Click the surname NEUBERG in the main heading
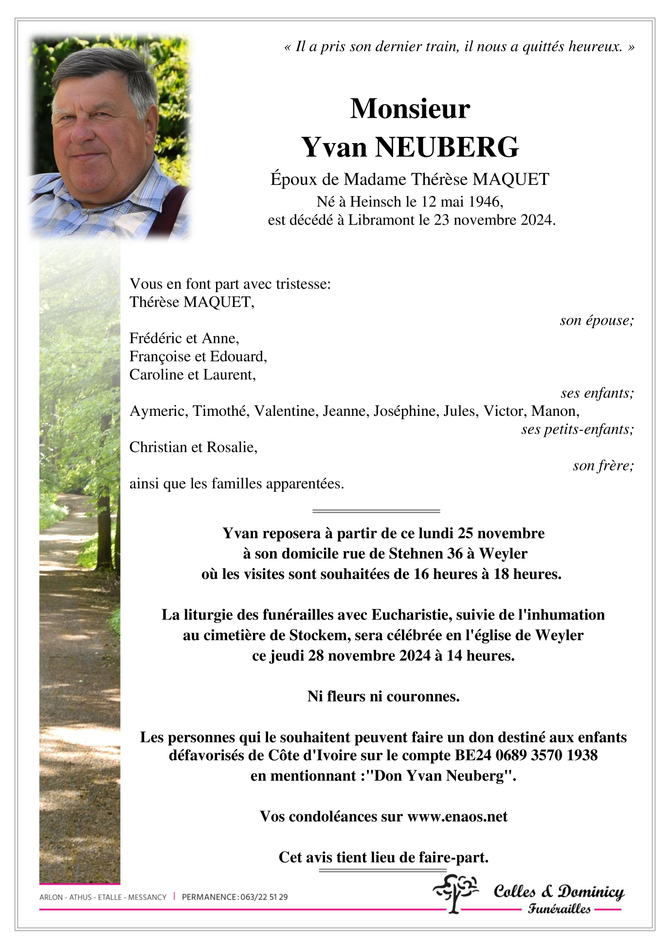446,148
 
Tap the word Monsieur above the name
410,109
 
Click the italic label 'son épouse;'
597,320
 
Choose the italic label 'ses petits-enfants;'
577,429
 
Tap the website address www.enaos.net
457,817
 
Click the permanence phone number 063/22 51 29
263,897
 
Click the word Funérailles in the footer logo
559,909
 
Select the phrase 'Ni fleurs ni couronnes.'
383,696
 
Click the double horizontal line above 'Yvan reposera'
376,511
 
